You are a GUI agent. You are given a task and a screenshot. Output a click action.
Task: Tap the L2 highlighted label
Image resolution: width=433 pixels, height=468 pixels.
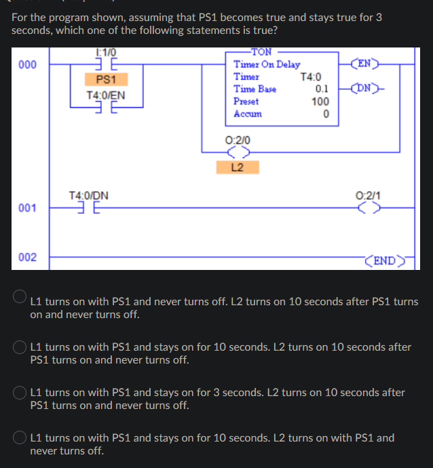(x=237, y=166)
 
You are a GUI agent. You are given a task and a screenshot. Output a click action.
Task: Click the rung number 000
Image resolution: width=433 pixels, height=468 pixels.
(x=28, y=64)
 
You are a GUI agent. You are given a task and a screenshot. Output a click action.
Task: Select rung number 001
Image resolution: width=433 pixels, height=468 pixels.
(x=28, y=208)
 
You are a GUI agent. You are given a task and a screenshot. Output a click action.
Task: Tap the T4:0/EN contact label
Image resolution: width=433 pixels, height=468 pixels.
(x=106, y=95)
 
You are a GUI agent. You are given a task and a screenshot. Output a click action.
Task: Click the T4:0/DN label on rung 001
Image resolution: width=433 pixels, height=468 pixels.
(x=88, y=195)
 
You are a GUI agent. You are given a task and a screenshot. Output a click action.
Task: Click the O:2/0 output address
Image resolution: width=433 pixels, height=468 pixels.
(x=237, y=140)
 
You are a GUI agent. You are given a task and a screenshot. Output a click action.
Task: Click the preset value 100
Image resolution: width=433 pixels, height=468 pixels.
(x=320, y=102)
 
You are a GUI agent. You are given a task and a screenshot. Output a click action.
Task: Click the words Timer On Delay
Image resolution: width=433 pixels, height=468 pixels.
(x=267, y=64)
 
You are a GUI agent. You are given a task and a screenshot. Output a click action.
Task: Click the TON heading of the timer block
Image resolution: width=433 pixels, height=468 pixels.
(x=261, y=52)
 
